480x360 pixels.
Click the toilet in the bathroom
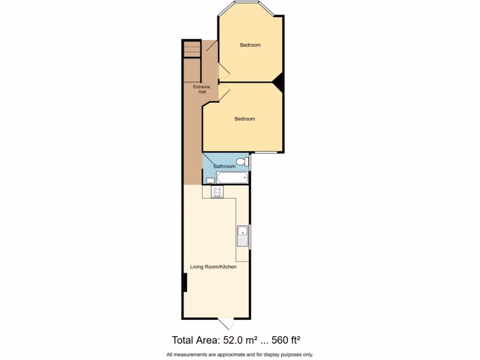coord(242,162)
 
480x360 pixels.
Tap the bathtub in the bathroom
coord(232,178)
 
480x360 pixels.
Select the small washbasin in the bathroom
coord(209,180)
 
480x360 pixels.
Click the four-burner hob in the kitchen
coord(217,191)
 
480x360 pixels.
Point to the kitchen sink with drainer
coord(243,236)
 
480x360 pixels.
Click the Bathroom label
coord(225,166)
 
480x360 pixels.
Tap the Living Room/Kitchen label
coord(213,267)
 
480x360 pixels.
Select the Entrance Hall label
coord(202,89)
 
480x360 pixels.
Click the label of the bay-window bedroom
coord(250,45)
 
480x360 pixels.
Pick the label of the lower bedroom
coord(245,119)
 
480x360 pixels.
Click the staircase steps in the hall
coord(192,49)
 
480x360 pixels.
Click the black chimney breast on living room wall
coord(185,283)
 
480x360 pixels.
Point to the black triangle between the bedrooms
coord(278,82)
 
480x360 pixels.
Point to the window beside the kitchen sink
coord(250,237)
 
